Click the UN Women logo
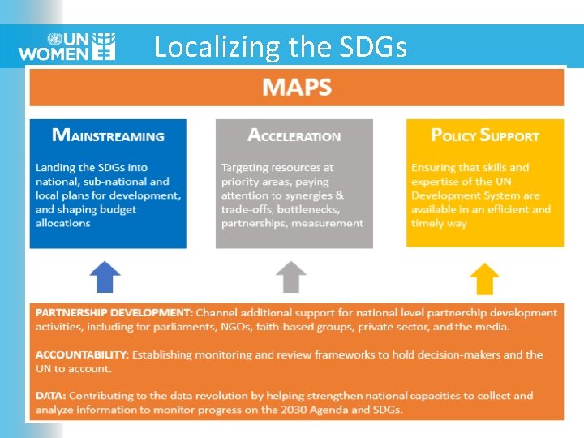67,46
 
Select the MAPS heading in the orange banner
297,87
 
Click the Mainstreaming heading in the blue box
108,135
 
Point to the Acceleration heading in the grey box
294,135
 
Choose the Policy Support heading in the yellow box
484,135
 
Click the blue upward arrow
105,277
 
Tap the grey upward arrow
291,277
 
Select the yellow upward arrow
484,278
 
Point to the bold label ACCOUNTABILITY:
80,354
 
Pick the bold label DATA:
50,396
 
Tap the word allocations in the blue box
62,223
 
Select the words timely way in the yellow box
439,223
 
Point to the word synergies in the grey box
306,195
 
